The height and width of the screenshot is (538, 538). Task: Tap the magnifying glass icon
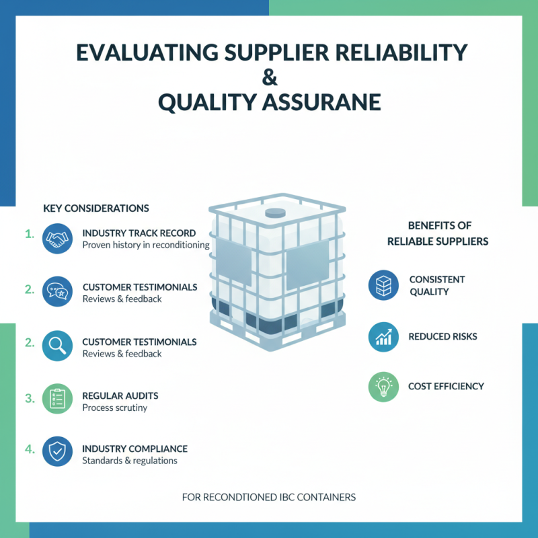pos(57,347)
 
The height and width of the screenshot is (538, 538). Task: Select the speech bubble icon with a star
pos(57,293)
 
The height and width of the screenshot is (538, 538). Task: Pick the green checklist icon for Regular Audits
pos(57,401)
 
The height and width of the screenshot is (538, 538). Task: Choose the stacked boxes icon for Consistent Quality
pos(383,285)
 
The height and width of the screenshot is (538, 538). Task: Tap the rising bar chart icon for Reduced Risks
pos(383,336)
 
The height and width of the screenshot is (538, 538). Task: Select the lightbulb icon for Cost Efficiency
pos(383,387)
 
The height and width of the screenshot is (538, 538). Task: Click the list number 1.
pos(30,234)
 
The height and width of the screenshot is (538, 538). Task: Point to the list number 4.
pos(30,449)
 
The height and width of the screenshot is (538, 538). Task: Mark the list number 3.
pos(30,397)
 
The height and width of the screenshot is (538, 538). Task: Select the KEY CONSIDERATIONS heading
pos(96,208)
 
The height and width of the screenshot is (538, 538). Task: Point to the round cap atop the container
pos(274,213)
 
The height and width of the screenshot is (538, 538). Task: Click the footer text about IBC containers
pos(269,498)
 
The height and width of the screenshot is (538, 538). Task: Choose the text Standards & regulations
pos(130,461)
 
